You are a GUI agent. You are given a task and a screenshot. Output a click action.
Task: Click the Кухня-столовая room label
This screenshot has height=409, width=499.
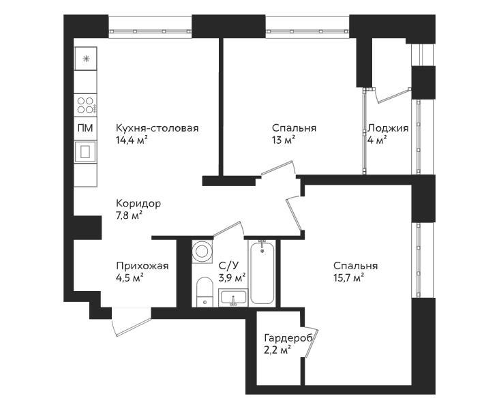pos(157,128)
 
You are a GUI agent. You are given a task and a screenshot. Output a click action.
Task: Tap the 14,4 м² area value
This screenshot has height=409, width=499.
pos(132,140)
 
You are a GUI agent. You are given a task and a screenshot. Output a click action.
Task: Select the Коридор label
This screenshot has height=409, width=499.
pos(138,203)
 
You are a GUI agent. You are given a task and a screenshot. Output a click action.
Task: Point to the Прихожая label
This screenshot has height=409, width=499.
pos(142,266)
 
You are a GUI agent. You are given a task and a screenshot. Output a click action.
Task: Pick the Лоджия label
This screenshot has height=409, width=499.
pos(388,128)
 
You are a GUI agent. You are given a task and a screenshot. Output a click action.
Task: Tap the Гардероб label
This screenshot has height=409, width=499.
pos(288,337)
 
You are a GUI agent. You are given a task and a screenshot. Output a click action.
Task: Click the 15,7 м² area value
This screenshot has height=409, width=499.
pos(349,278)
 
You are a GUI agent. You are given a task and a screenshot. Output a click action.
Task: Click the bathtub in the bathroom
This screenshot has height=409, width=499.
pos(262,273)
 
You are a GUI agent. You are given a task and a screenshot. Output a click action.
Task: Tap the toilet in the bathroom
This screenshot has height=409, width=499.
pos(205,292)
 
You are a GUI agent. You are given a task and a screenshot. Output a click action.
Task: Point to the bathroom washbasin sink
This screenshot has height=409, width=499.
pos(232,297)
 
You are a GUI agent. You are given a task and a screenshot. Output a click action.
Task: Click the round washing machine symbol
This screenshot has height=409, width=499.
pos(202,252)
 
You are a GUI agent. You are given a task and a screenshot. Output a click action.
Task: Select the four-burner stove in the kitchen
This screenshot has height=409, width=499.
pos(86,106)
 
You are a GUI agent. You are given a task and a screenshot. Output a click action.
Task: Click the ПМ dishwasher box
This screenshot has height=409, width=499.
pos(86,128)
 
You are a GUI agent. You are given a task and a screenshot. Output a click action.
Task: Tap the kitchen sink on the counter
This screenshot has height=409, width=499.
pos(86,151)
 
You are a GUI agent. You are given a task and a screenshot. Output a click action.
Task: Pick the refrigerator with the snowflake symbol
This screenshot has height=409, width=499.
pos(86,59)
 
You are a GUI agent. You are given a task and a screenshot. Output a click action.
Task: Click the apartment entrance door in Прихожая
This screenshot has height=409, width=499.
pos(131,322)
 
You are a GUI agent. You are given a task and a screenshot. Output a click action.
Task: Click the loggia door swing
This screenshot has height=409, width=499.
pos(392,95)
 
